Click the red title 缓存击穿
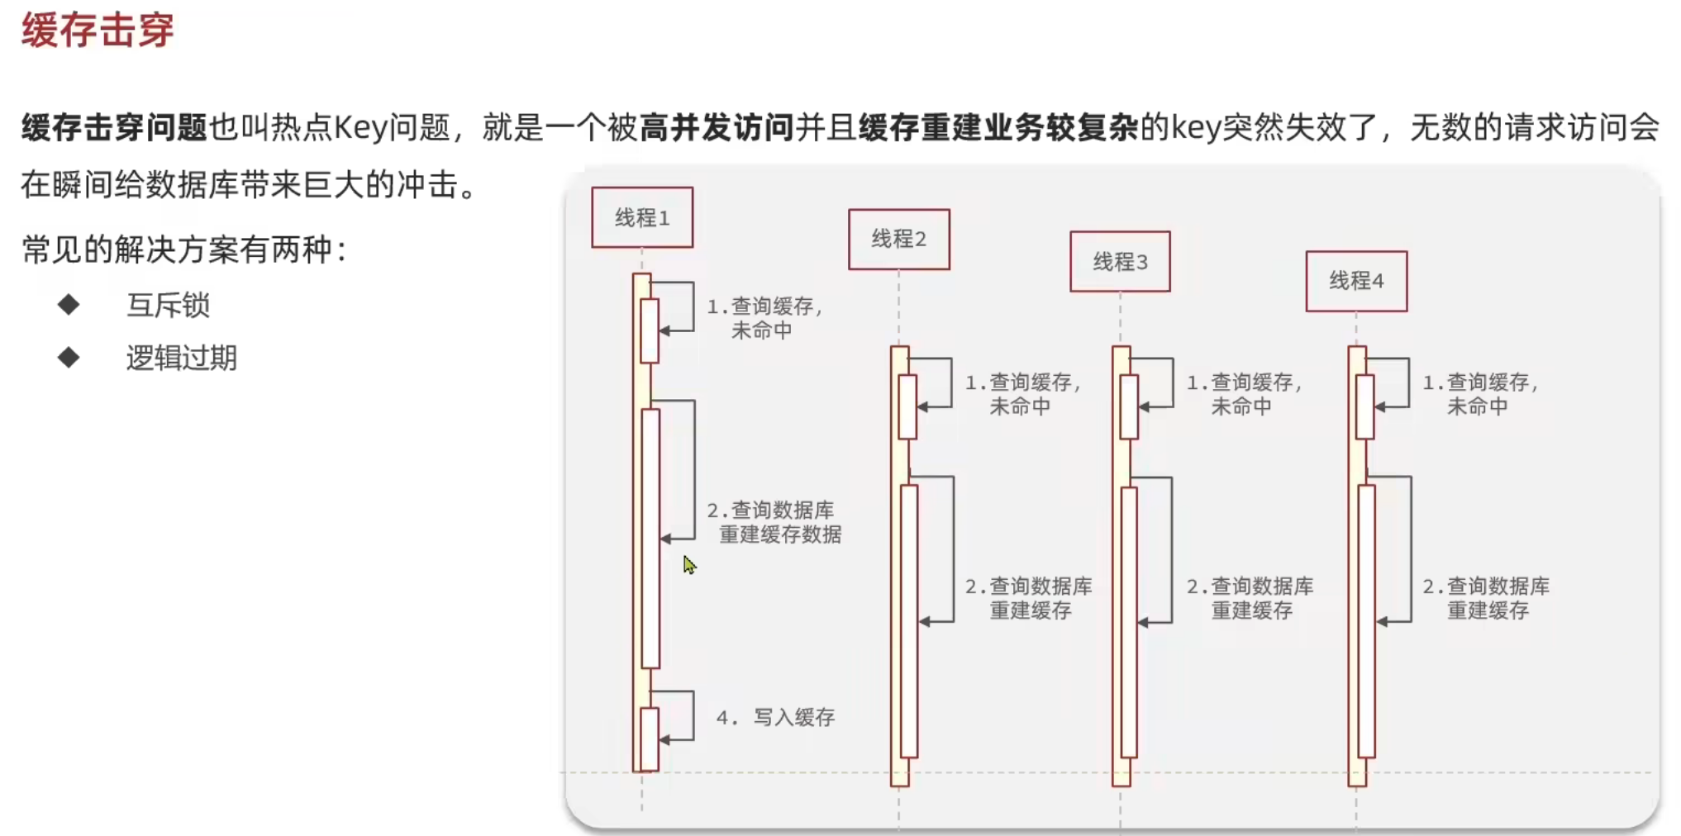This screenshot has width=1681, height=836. point(98,31)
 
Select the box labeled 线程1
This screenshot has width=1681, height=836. point(642,218)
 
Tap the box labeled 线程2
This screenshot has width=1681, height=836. point(899,240)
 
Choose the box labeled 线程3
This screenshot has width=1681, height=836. point(1120,262)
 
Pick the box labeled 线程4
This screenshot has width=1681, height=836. point(1356,282)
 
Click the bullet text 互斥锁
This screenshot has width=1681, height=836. point(169,306)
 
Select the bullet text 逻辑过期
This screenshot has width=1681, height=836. point(182,359)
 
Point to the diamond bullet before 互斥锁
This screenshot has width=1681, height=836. point(69,305)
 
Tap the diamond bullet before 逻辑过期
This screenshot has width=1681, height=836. point(69,358)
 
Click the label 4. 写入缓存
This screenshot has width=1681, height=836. point(775,717)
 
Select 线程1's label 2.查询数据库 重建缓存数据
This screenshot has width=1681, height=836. point(774,522)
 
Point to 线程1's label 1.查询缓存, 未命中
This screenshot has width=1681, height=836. point(764,318)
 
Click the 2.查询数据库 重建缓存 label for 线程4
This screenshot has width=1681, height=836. point(1486,598)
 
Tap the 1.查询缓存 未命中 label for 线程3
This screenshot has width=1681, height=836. point(1244,394)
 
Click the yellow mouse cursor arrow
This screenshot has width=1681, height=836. point(689,565)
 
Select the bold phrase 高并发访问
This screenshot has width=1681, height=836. point(716,128)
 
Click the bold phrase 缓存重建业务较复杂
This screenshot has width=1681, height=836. point(998,128)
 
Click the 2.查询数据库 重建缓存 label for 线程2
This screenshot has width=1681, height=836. point(1029,598)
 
